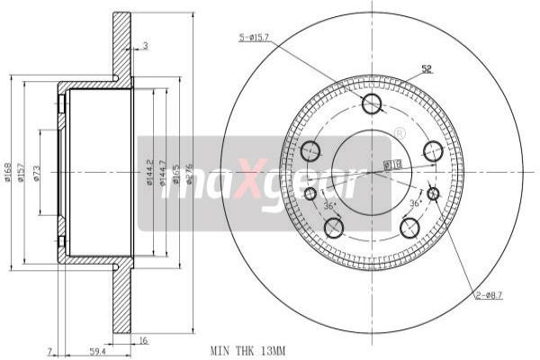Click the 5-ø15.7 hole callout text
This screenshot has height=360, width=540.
click(x=260, y=38)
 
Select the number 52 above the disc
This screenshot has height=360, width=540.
click(x=427, y=69)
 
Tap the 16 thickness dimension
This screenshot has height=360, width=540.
click(x=143, y=340)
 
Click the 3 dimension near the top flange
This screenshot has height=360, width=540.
click(x=144, y=45)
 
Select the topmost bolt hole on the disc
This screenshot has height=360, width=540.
click(x=372, y=104)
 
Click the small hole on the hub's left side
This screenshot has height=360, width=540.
click(x=310, y=193)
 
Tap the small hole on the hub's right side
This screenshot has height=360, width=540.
click(x=433, y=193)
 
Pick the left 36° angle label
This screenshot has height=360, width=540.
click(x=329, y=206)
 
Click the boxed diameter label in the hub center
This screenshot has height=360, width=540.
click(x=392, y=165)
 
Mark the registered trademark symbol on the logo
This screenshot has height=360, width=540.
click(x=399, y=133)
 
